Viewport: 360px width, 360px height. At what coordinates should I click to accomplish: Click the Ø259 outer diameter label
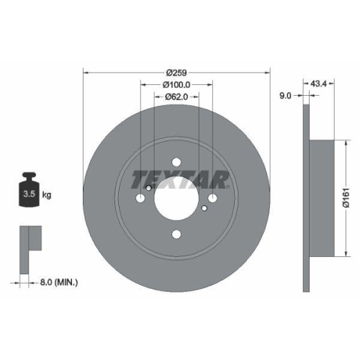tap(176, 73)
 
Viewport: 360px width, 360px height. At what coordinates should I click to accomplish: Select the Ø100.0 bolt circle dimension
tap(176, 85)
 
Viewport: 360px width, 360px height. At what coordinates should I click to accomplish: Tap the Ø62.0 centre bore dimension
tap(176, 96)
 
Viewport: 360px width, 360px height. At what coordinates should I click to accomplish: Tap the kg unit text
tap(47, 195)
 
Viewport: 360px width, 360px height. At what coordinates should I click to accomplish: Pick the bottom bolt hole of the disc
tap(177, 232)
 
